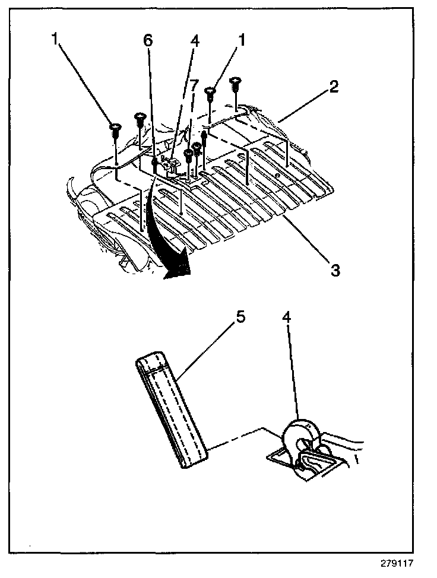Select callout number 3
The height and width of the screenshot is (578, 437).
click(335, 270)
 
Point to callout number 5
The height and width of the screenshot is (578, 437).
click(240, 316)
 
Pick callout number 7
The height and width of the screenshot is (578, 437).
click(194, 84)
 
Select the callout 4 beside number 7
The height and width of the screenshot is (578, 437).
click(194, 40)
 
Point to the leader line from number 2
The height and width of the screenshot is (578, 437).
click(303, 107)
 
